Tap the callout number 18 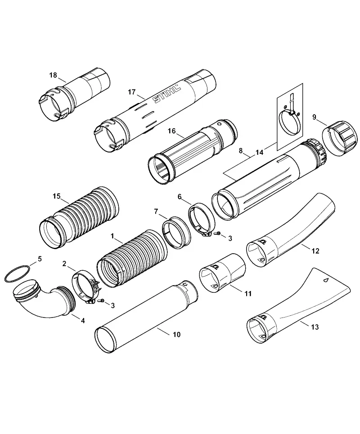coord(53,75)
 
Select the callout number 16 coord(172,130)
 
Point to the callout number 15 coord(57,196)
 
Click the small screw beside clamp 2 coord(102,300)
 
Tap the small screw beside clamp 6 coord(218,233)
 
